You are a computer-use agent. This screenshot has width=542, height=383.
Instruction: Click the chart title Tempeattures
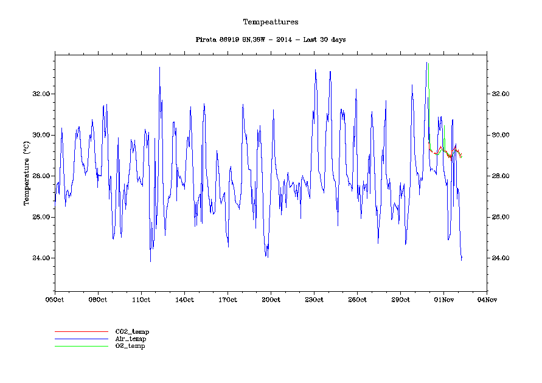[x=271, y=22]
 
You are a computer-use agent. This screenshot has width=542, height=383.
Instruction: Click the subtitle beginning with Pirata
[x=271, y=40]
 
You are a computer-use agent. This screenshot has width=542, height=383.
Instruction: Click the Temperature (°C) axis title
[x=26, y=173]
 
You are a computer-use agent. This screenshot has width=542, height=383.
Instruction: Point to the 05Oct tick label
[x=55, y=299]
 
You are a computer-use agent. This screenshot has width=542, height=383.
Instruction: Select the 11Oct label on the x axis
[x=141, y=299]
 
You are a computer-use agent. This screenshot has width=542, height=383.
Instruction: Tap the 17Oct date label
[x=228, y=299]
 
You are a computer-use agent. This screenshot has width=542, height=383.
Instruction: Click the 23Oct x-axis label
[x=314, y=299]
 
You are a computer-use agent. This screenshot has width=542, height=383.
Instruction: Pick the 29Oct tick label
[x=400, y=299]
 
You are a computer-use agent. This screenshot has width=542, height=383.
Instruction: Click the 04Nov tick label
[x=487, y=299]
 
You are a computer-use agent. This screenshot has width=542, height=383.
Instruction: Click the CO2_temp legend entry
[x=132, y=331]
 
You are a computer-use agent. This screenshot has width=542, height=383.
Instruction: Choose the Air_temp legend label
[x=131, y=339]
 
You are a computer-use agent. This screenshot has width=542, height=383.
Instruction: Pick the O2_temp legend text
[x=130, y=346]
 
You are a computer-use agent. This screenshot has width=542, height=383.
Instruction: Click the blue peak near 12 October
[x=159, y=67]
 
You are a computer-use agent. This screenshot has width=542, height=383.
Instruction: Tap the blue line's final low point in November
[x=461, y=260]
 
